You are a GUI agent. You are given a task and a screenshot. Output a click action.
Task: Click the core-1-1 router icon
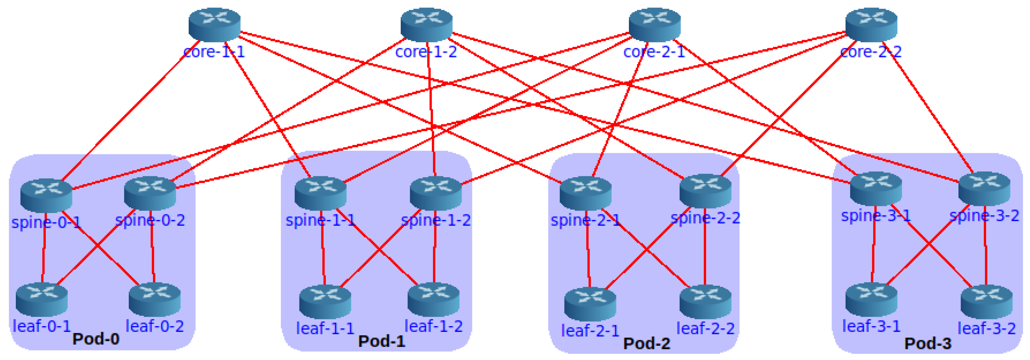(214, 25)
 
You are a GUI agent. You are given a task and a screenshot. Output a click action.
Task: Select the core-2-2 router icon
(871, 25)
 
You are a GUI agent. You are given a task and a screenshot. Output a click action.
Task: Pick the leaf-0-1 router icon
(42, 299)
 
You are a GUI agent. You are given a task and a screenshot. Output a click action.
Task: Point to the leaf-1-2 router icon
(433, 299)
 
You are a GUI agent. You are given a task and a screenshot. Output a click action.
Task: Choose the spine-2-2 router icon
(705, 191)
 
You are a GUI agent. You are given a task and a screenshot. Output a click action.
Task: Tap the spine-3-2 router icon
(984, 189)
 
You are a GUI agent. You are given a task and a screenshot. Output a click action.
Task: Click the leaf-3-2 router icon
(986, 301)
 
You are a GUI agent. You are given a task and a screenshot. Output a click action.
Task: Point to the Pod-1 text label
(381, 341)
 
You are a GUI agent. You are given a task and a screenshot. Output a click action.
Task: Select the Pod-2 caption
(647, 343)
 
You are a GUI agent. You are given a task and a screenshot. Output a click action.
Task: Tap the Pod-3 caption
(928, 343)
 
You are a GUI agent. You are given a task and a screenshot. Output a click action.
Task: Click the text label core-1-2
(426, 52)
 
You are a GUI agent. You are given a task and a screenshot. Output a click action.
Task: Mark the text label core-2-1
(654, 52)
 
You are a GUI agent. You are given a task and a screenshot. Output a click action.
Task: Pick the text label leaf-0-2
(155, 326)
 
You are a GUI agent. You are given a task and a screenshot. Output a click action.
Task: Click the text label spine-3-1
(876, 216)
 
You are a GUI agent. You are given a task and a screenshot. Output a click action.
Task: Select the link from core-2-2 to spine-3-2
(932, 112)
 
